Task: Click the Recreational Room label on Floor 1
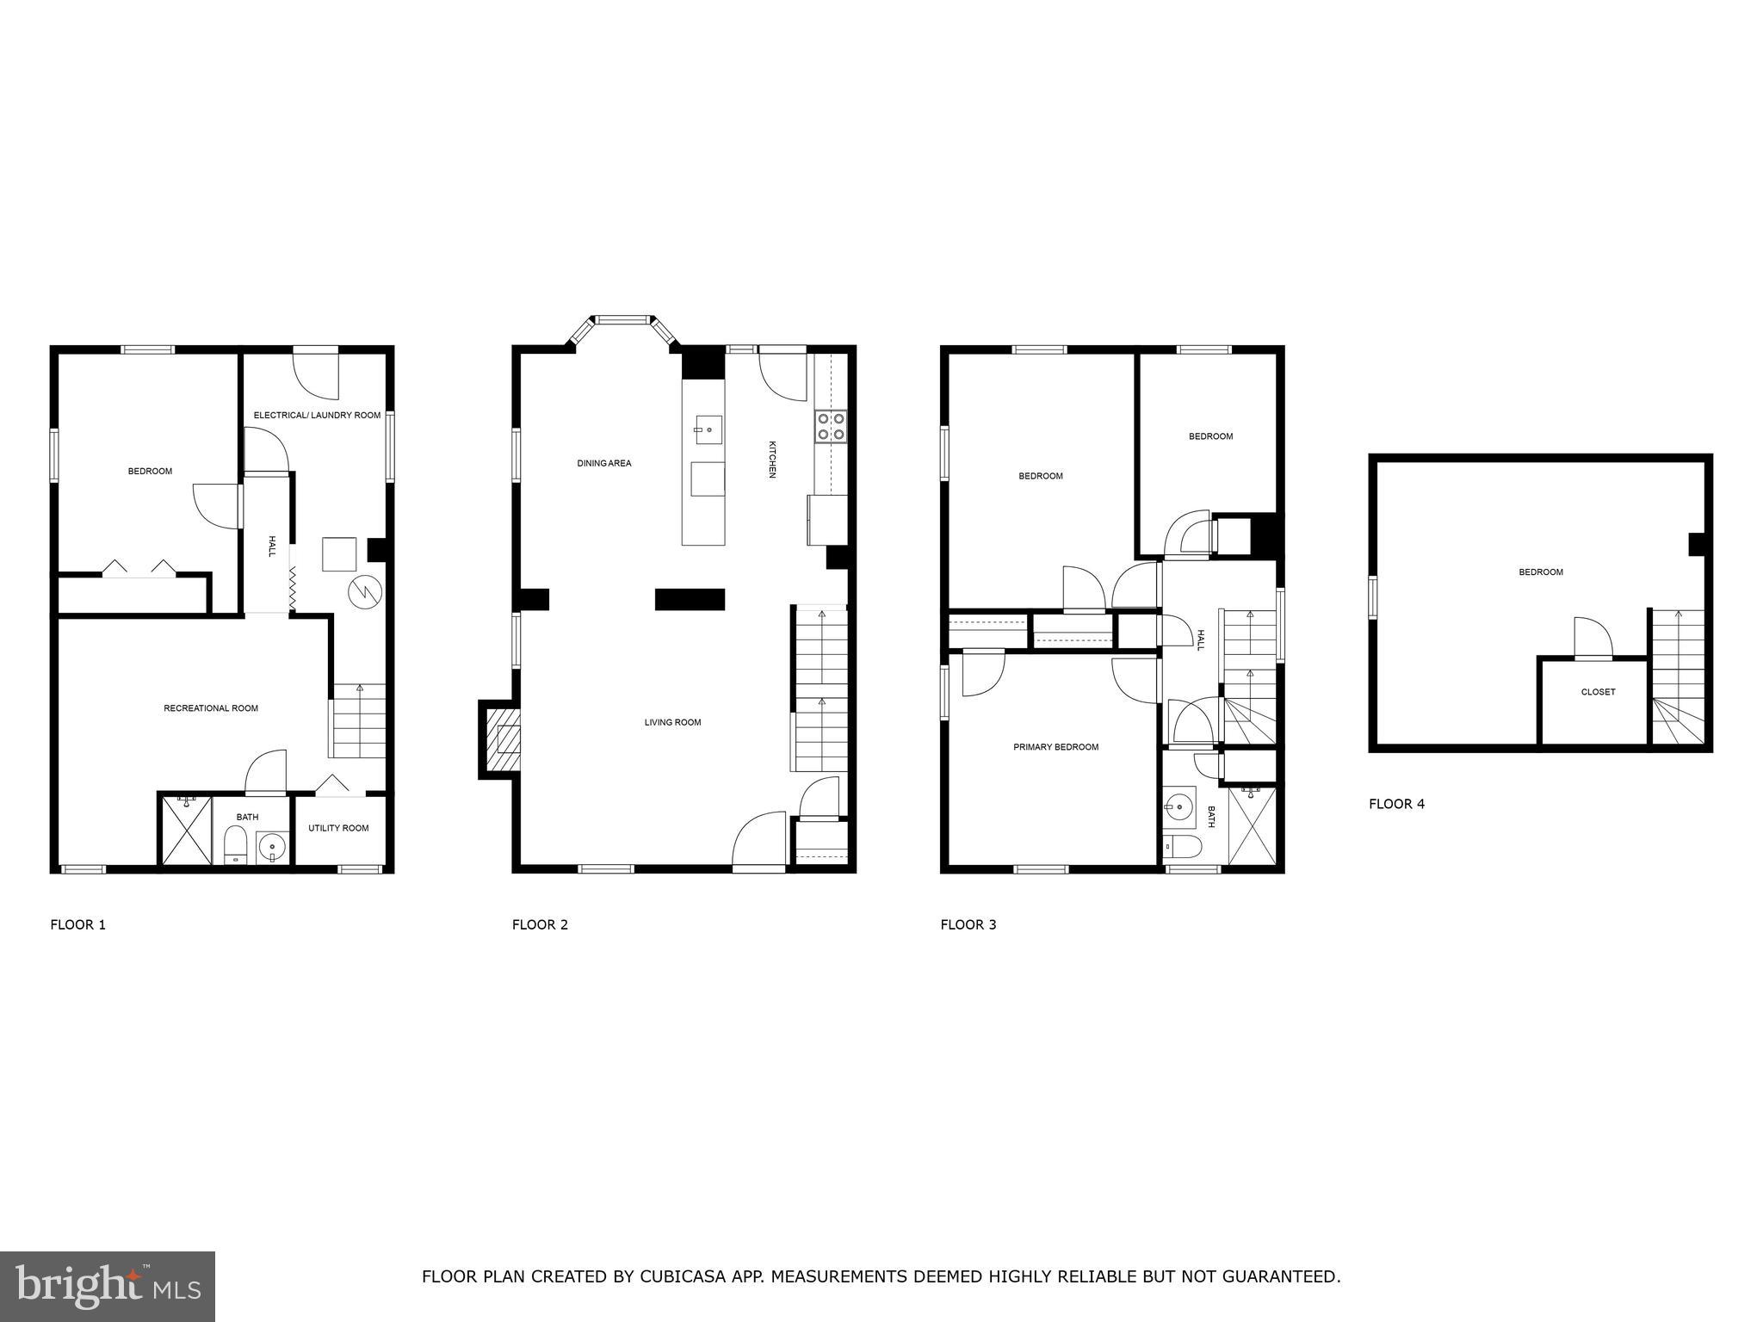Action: tap(211, 708)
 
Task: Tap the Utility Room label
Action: tap(338, 828)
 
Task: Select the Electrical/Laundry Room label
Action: tap(317, 415)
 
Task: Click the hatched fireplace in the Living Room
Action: tap(504, 739)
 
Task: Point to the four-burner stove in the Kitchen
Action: tap(832, 427)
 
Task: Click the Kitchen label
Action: tap(772, 460)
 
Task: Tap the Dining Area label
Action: tap(603, 463)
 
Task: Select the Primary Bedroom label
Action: tap(1055, 747)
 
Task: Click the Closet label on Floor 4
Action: tap(1598, 692)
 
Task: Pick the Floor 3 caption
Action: tap(968, 924)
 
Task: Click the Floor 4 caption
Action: tap(1396, 804)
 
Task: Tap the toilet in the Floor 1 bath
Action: tap(235, 844)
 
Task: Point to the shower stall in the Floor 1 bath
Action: tap(187, 830)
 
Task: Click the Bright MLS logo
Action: tap(108, 1287)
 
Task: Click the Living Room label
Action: tap(672, 722)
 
